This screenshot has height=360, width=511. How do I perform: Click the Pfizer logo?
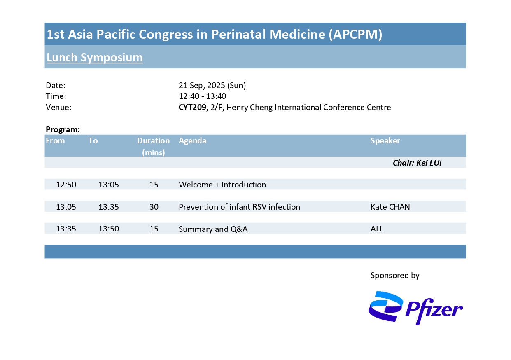pos(415,308)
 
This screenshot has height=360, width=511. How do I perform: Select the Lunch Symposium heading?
pos(95,57)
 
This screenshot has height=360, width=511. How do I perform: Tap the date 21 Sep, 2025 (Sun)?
pos(212,85)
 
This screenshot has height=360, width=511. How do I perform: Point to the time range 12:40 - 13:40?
pos(202,96)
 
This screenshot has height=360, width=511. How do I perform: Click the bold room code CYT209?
pos(192,107)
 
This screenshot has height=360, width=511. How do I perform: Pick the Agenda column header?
pos(192,140)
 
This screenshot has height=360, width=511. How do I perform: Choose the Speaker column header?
pos(385,140)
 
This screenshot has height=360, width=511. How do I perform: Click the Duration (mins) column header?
pos(153,146)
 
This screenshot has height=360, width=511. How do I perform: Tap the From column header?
pos(55,140)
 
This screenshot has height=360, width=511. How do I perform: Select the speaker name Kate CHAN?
pos(390,207)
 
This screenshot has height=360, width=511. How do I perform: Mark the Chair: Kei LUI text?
pos(417,163)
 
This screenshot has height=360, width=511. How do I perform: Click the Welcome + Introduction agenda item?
pos(222,185)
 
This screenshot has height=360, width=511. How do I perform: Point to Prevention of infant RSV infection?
pos(239,207)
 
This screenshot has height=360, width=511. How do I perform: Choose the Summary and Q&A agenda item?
pos(213,229)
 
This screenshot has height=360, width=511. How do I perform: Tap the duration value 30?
pos(154,207)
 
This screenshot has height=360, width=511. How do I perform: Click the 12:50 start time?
pos(66,185)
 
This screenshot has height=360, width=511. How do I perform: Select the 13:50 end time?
pos(109,229)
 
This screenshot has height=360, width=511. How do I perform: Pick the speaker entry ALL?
pos(377,229)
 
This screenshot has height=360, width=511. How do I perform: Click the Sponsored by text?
pos(395,276)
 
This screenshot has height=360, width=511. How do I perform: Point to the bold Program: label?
pos(63,130)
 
